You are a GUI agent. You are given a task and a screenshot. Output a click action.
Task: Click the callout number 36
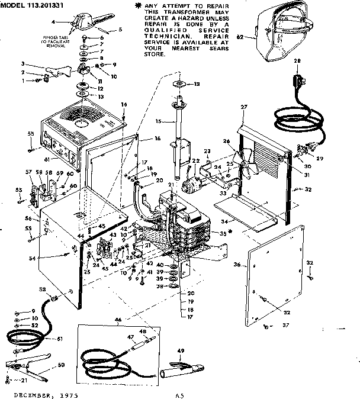coord(237,265)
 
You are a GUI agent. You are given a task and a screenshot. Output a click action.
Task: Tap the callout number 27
coord(243,107)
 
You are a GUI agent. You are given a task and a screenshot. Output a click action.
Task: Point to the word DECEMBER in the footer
coord(28,394)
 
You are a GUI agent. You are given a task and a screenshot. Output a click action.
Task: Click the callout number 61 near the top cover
coord(47,159)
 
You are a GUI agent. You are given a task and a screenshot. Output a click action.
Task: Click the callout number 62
coord(240,37)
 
